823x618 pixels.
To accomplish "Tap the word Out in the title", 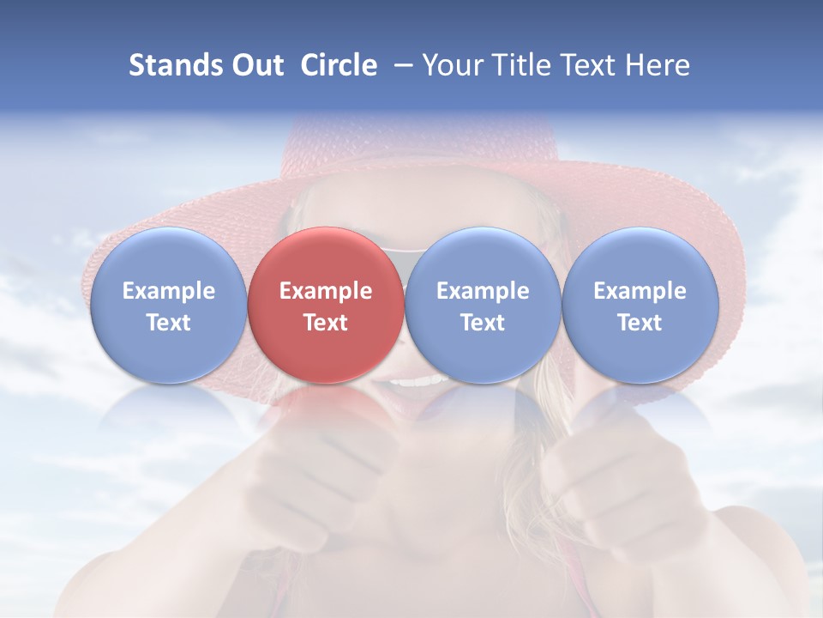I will point(255,65).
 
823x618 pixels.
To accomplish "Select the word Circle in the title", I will point(339,65).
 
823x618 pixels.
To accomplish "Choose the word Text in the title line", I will point(586,65).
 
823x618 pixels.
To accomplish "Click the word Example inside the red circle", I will point(325,291).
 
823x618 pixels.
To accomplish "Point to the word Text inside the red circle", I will point(325,323).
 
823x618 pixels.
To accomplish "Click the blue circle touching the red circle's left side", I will point(168,305).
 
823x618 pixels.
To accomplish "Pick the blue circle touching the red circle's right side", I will point(483,305).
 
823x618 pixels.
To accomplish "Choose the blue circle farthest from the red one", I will point(640,305).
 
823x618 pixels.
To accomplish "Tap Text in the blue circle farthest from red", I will point(640,323).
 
